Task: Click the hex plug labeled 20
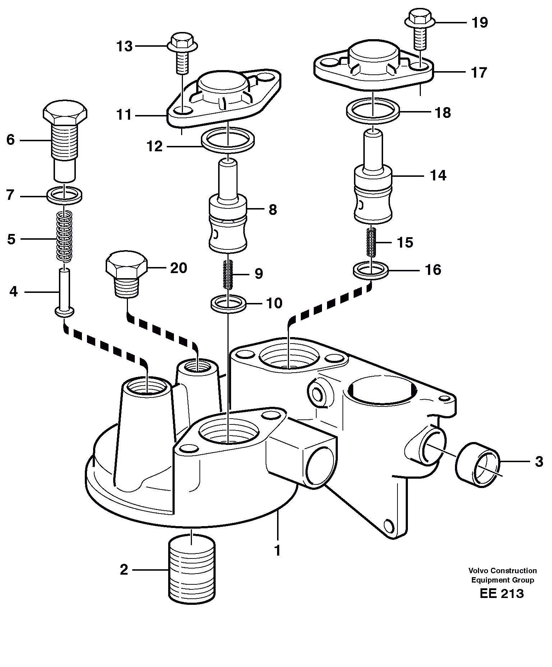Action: tap(126, 273)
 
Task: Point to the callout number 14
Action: tap(438, 175)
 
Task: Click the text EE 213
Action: tap(502, 594)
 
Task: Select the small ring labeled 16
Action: tap(371, 270)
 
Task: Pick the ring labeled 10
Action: tap(228, 303)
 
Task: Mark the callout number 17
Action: tap(479, 72)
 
